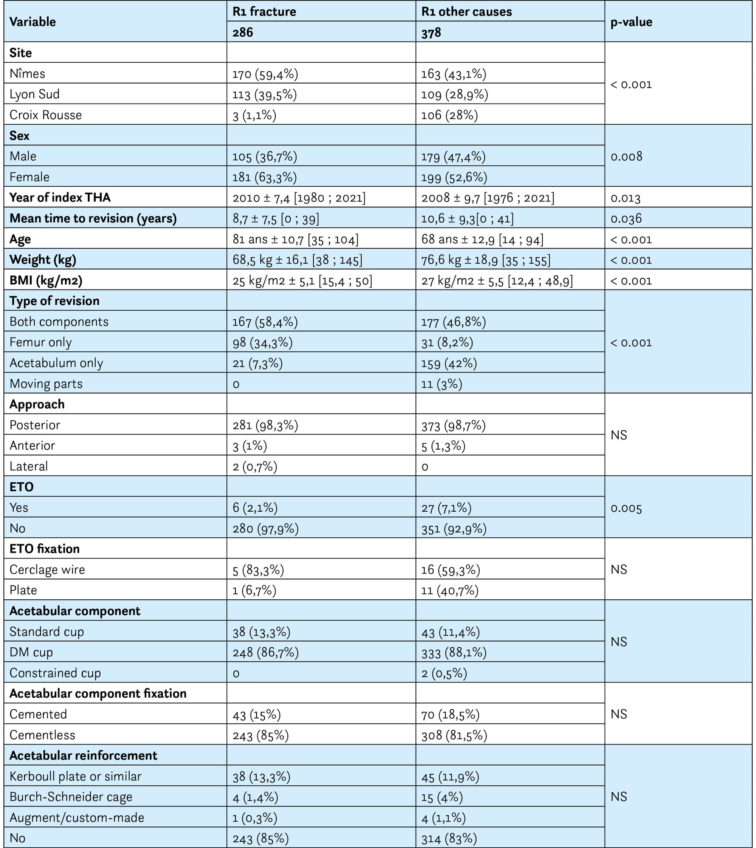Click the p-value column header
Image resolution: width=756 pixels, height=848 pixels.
pyautogui.click(x=631, y=22)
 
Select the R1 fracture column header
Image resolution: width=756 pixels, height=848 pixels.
pyautogui.click(x=264, y=11)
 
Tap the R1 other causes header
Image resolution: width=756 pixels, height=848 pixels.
pyautogui.click(x=466, y=11)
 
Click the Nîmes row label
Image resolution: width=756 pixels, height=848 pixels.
pyautogui.click(x=28, y=74)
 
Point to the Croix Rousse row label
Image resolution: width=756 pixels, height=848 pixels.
pyautogui.click(x=46, y=115)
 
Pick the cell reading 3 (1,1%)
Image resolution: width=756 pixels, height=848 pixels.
pyautogui.click(x=254, y=115)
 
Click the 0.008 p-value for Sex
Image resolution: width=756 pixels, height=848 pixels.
pyautogui.click(x=626, y=156)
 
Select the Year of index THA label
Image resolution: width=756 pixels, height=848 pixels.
pyautogui.click(x=60, y=197)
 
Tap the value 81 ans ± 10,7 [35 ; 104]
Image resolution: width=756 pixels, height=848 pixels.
pyautogui.click(x=295, y=239)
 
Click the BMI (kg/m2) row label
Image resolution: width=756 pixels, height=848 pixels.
pyautogui.click(x=46, y=280)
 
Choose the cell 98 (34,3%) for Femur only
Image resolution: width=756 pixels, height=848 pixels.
pyautogui.click(x=263, y=342)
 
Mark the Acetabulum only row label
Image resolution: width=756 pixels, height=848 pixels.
pyautogui.click(x=56, y=363)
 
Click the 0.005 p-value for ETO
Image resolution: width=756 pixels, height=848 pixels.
pyautogui.click(x=626, y=508)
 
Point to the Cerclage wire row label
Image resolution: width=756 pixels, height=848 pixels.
pyautogui.click(x=47, y=569)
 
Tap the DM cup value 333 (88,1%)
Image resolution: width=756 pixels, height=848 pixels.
pyautogui.click(x=454, y=652)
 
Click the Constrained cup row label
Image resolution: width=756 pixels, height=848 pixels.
pyautogui.click(x=55, y=673)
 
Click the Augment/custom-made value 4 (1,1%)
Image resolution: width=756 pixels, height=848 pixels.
pyautogui.click(x=443, y=817)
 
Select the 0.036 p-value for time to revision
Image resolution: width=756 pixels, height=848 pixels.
pyautogui.click(x=626, y=218)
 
